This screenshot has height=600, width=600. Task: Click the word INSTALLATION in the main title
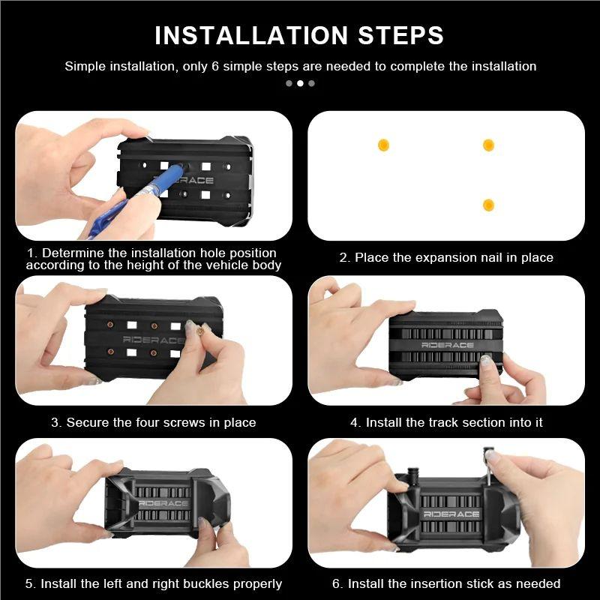click(x=251, y=35)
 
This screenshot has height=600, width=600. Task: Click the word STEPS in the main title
click(x=400, y=35)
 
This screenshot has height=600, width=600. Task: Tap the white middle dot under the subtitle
click(x=301, y=83)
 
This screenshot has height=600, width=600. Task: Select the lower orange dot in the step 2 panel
click(x=488, y=205)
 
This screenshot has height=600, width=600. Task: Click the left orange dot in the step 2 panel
click(x=383, y=145)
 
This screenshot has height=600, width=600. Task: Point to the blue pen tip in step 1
click(x=181, y=167)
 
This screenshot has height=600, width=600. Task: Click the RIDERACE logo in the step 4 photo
click(x=447, y=345)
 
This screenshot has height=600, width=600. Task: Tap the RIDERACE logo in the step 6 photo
click(x=451, y=514)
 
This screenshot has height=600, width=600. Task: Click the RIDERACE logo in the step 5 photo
click(x=163, y=503)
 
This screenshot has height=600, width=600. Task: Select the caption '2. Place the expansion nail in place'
click(x=446, y=257)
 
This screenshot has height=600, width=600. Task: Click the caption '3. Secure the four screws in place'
click(x=154, y=422)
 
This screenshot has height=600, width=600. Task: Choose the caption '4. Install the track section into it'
click(x=446, y=422)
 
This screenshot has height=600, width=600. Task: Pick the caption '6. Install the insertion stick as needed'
click(x=446, y=583)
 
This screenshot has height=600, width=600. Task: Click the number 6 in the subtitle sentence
click(x=215, y=66)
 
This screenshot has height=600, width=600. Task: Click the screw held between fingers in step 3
click(x=199, y=330)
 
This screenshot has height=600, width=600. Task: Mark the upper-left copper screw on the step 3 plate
click(x=110, y=325)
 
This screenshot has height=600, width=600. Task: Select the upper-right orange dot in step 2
click(x=488, y=145)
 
